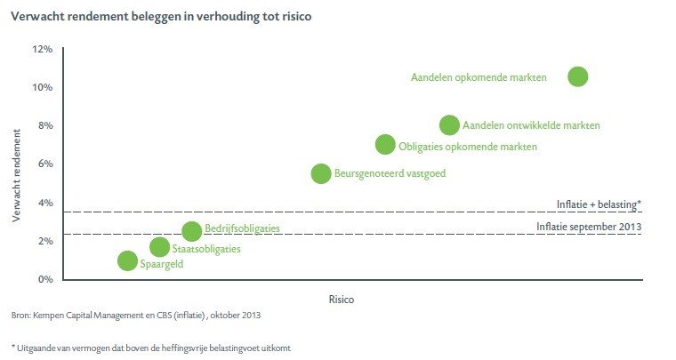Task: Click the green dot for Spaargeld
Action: pos(127,260)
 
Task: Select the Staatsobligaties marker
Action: pos(159,247)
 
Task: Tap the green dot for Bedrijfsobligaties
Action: pos(191,231)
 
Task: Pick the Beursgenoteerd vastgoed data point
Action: pos(321,173)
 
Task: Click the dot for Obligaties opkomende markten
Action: pos(385,145)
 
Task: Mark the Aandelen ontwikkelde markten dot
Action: pos(450,125)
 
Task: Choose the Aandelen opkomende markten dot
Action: pos(578,76)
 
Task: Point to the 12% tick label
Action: pos(43,49)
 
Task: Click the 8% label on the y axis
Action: pos(44,125)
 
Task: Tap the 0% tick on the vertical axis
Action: pos(44,279)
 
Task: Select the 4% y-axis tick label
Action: pos(44,203)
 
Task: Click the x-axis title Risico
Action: pos(341,300)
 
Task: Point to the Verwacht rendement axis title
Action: pos(18,179)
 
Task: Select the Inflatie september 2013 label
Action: pos(589,227)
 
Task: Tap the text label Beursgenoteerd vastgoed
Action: pos(390,174)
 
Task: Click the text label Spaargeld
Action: pos(162,264)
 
